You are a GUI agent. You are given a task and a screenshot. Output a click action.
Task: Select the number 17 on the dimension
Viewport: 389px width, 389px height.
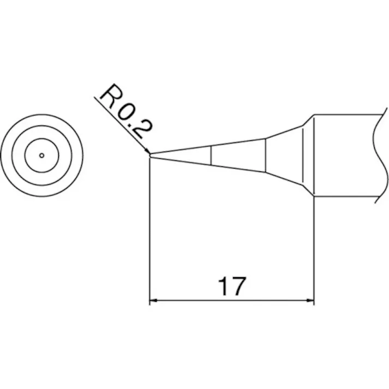coord(232,285)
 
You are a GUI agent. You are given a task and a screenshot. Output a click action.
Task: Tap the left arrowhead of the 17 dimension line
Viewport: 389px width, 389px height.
coord(154,300)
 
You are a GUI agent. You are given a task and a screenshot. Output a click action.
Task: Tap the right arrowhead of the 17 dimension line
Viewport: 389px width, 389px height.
coord(310,300)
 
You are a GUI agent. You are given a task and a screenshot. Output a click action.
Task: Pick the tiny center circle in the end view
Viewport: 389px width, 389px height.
coord(41,155)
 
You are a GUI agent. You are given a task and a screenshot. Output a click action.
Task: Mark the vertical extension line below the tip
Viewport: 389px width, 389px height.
coord(149,229)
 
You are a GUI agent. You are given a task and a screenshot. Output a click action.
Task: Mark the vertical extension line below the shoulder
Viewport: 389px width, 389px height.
coord(314,246)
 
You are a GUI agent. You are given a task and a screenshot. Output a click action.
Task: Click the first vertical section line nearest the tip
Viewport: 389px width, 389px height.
coord(211,156)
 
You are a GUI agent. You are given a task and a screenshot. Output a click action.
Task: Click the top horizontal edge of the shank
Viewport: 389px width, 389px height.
coord(346,113)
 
